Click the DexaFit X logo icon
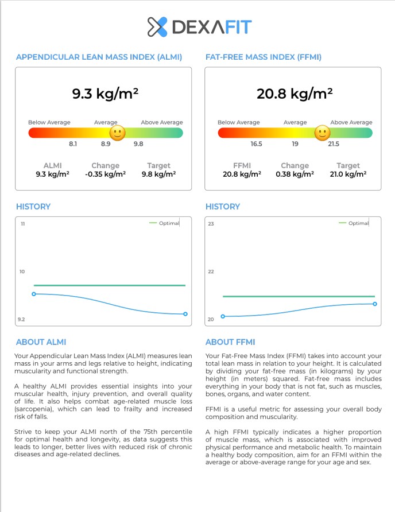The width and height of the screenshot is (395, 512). click(157, 27)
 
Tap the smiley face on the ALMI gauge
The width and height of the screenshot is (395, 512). click(117, 134)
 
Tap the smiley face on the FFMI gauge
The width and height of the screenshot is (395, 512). click(322, 133)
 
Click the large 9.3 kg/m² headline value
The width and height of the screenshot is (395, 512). click(105, 94)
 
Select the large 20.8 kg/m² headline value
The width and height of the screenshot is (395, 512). click(295, 94)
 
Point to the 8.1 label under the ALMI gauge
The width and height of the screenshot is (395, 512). click(73, 144)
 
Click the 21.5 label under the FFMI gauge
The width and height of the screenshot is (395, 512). click(333, 144)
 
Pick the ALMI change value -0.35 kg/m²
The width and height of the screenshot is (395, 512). click(105, 174)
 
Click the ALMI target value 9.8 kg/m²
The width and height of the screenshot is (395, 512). click(158, 174)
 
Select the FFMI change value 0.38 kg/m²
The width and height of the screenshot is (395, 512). click(295, 174)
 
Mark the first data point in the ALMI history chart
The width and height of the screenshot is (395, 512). click(34, 294)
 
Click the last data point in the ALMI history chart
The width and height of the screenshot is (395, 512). click(185, 314)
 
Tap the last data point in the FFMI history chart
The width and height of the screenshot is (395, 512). click(375, 304)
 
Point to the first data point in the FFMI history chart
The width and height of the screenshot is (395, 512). click(223, 316)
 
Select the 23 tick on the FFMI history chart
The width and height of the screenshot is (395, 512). click(211, 223)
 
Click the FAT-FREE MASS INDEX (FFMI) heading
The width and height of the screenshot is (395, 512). click(263, 57)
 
